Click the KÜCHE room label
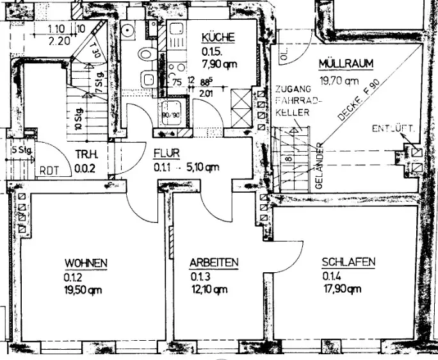coord(218,37)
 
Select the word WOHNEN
coord(85,263)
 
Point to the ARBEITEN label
coord(214,263)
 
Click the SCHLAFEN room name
coord(348,263)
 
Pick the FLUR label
coord(165,154)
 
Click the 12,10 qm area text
coord(208,290)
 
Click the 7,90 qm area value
coord(218,65)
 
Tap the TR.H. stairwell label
coord(85,154)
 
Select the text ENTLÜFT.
coord(394,130)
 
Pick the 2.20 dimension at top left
coord(60,40)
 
